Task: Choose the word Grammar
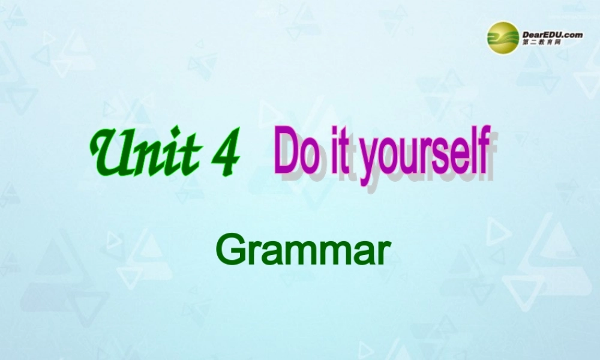coord(299,251)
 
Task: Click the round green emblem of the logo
coord(503,37)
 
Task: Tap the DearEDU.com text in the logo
coord(552,34)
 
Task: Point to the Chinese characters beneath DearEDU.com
coord(541,44)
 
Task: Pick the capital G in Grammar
coord(229,251)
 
